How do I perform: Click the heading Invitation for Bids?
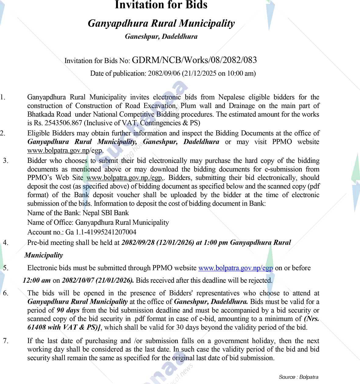161,5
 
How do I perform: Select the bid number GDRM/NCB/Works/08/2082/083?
194,60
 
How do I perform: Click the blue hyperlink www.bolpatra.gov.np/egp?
235,268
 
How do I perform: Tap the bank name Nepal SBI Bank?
106,213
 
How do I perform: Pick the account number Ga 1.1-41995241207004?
101,232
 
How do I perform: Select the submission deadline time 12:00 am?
37,280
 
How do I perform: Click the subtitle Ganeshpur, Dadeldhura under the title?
161,37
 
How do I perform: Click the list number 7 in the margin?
6,341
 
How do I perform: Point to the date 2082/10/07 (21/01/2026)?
98,280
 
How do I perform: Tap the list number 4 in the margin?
6,243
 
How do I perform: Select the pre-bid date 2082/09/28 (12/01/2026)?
158,243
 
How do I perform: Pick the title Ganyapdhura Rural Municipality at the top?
161,23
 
